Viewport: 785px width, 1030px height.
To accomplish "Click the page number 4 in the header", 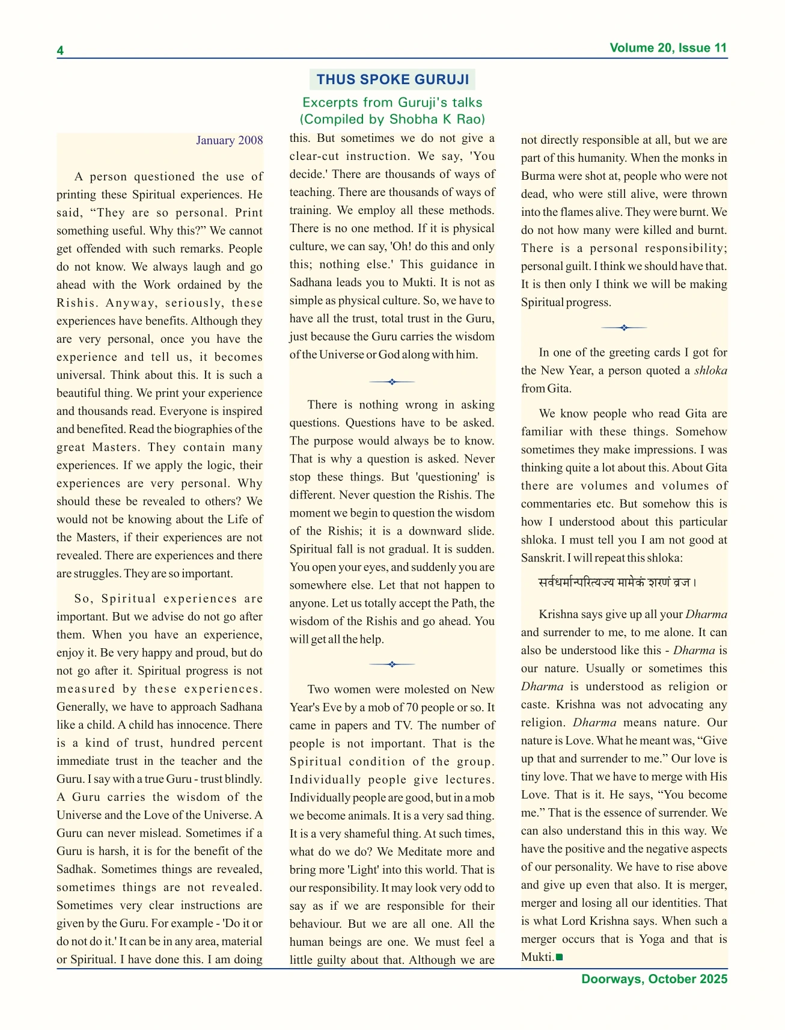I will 60,51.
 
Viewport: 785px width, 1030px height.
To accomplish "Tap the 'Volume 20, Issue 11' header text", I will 668,48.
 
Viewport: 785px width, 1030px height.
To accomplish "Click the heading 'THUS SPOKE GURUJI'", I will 392,79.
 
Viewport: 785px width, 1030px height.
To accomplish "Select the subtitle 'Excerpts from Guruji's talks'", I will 392,102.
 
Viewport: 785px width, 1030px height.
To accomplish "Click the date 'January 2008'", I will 229,140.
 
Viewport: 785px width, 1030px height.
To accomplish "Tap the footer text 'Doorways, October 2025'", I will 654,979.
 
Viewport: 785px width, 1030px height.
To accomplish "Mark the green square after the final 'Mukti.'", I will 559,957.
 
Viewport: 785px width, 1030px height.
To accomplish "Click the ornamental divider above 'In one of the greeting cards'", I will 624,328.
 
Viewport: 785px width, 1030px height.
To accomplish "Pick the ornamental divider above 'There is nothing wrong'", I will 392,381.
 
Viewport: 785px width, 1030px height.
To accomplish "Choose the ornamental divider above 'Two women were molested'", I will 392,664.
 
